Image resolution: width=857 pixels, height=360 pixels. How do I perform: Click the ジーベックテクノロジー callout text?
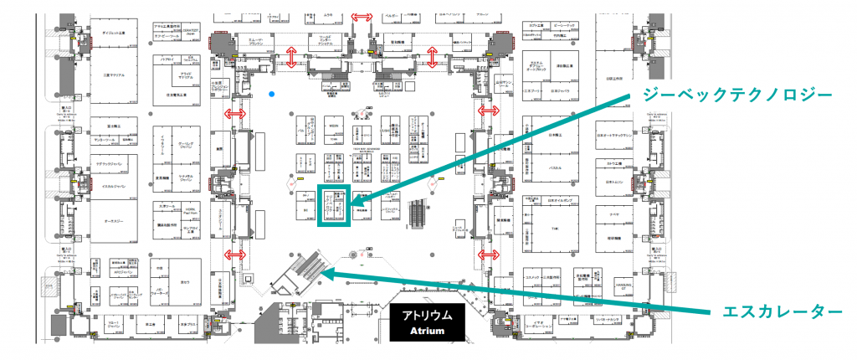736,94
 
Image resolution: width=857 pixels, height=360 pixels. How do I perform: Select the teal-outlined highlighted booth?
334,204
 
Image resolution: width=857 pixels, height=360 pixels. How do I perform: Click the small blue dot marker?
273,94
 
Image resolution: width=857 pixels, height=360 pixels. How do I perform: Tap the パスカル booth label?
553,167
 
